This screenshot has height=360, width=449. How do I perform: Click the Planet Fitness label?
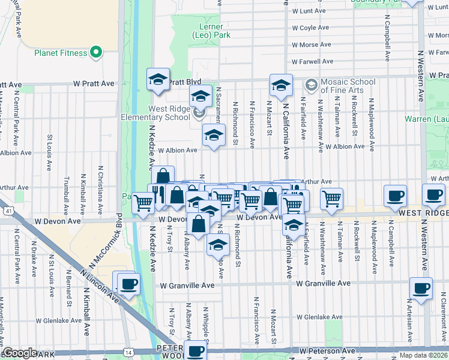click(60, 52)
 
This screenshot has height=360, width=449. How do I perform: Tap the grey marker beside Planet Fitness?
click(96, 53)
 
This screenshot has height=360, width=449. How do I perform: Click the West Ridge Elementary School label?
click(156, 113)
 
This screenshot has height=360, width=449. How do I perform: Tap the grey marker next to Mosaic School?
click(310, 84)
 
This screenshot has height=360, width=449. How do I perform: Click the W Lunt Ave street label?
click(309, 11)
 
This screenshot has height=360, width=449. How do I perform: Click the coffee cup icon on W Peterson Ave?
click(195, 350)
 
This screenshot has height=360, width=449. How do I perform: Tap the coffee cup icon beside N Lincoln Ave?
click(128, 283)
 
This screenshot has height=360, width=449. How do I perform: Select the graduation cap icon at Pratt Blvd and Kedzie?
click(158, 79)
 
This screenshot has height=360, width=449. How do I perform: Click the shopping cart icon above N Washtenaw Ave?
click(331, 198)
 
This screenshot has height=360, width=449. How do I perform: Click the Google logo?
click(20, 353)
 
